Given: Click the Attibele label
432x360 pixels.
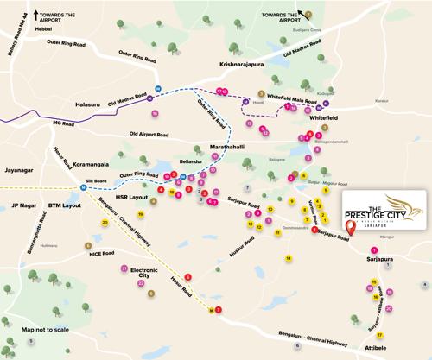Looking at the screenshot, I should click(385, 344).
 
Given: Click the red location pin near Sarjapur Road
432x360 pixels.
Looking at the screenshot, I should click(350, 229).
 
